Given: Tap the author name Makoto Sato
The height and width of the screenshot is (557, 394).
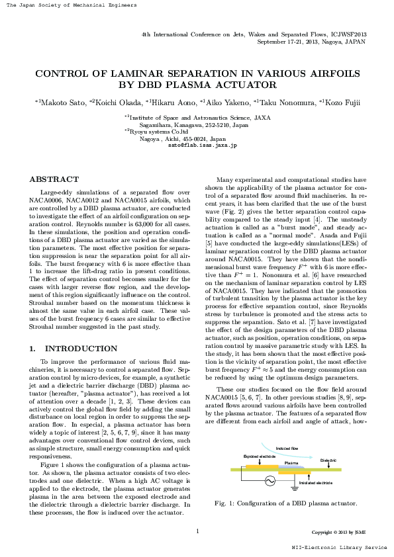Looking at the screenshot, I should tap(64, 102).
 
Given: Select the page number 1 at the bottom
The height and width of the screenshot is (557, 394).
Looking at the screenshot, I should tap(197, 531).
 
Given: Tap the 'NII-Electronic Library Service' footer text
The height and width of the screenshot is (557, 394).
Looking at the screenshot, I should tap(340, 548).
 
